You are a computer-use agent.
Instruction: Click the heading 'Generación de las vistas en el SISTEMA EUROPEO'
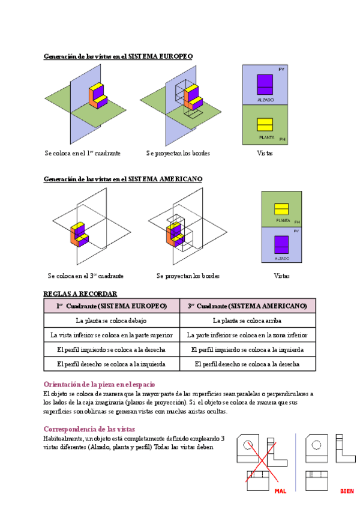click(118, 56)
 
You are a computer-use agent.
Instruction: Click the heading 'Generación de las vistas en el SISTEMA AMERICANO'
click(123, 179)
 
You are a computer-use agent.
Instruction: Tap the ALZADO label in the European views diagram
click(265, 98)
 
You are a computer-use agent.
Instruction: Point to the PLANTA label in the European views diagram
click(266, 137)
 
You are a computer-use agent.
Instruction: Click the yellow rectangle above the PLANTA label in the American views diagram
click(282, 209)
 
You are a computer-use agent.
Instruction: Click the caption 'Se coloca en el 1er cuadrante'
click(82, 153)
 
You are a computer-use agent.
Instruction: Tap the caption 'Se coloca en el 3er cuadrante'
click(85, 276)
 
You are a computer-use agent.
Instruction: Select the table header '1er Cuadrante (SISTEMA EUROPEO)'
click(112, 306)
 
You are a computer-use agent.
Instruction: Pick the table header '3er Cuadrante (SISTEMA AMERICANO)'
click(247, 306)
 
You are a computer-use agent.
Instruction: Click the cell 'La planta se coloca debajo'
click(112, 321)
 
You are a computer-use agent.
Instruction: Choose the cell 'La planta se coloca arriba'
click(247, 321)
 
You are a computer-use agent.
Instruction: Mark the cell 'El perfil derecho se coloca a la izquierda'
click(112, 364)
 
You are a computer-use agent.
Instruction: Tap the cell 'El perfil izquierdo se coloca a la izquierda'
click(247, 349)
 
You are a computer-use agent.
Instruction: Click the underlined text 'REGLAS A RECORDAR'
click(80, 294)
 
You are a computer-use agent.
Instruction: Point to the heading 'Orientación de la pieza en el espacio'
click(100, 384)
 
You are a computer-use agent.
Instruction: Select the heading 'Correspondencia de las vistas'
click(89, 429)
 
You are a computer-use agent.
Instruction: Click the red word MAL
click(280, 491)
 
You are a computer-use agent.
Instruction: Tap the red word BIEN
click(347, 491)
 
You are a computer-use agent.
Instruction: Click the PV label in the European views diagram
click(281, 69)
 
